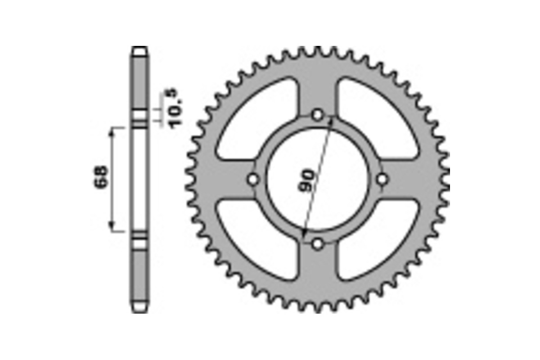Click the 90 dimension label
[307, 181]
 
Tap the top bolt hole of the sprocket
[318, 115]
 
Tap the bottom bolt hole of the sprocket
[318, 244]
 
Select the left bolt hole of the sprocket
[253, 180]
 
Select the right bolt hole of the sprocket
[382, 180]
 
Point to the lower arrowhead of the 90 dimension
[305, 236]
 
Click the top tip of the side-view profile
[139, 48]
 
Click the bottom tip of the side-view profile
[139, 311]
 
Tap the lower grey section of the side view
[139, 274]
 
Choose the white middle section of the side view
[139, 180]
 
